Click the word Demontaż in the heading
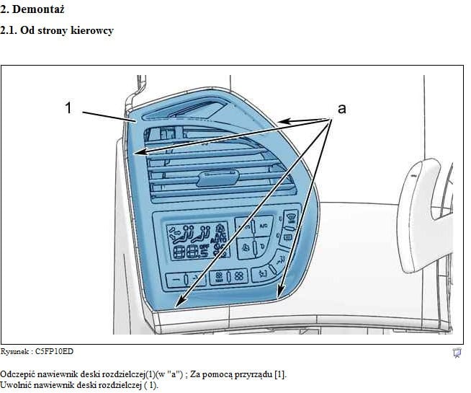point(38,9)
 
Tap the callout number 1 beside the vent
point(69,107)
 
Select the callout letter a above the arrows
point(342,109)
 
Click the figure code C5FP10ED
point(54,351)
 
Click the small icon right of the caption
point(457,353)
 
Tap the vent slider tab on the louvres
point(217,178)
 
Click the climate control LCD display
point(197,242)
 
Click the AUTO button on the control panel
point(244,226)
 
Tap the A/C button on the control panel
point(264,225)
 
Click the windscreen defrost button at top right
point(291,217)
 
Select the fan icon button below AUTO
point(246,248)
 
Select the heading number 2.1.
point(9,30)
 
